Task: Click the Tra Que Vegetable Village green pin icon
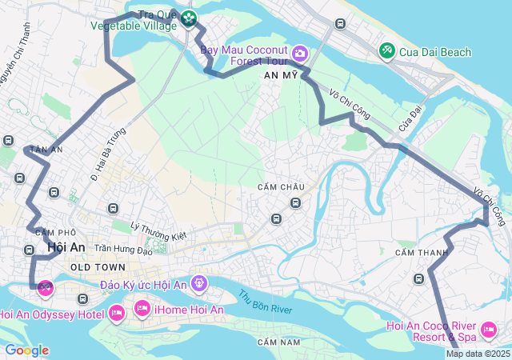pyautogui.click(x=188, y=18)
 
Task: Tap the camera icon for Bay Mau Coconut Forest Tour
pyautogui.click(x=300, y=54)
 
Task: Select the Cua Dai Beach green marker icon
pyautogui.click(x=387, y=51)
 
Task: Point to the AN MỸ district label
pyautogui.click(x=280, y=74)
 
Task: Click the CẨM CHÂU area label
pyautogui.click(x=281, y=186)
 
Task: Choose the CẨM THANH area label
pyautogui.click(x=415, y=252)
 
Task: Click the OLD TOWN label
pyautogui.click(x=98, y=266)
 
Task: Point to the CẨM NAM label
pyautogui.click(x=278, y=342)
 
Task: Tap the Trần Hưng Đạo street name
pyautogui.click(x=123, y=250)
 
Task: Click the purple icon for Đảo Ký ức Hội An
pyautogui.click(x=198, y=283)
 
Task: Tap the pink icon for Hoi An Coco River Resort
pyautogui.click(x=488, y=330)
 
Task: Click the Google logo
pyautogui.click(x=26, y=350)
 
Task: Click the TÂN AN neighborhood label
pyautogui.click(x=46, y=150)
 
